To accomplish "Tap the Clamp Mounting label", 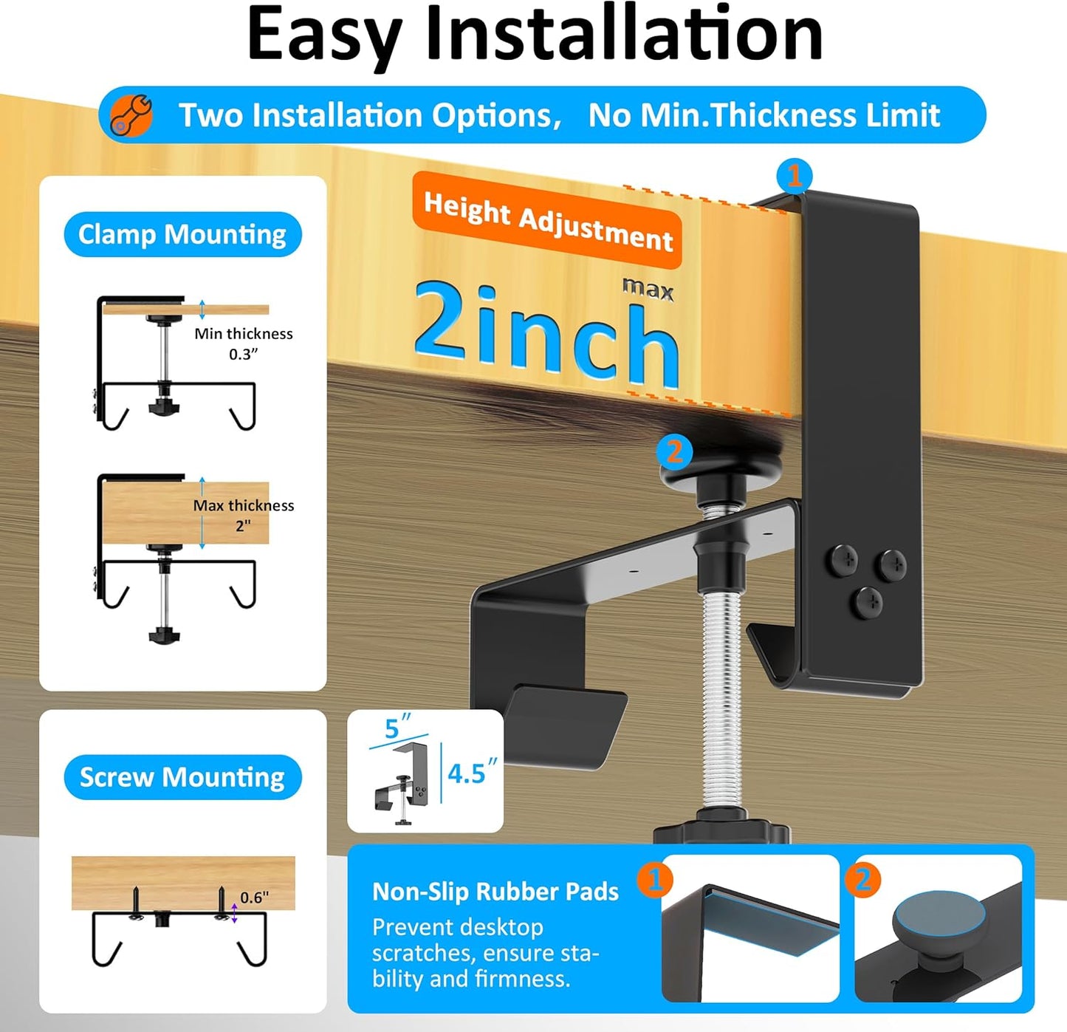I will (x=182, y=235).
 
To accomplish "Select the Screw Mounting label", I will (x=182, y=777).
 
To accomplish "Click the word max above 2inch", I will (x=648, y=289).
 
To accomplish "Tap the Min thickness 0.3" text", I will (x=243, y=344).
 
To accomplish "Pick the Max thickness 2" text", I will (x=243, y=515).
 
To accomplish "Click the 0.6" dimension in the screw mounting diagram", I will (x=254, y=898).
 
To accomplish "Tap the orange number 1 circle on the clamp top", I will (x=795, y=177).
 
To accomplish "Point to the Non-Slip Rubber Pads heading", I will (x=495, y=892).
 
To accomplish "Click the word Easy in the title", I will (x=324, y=35).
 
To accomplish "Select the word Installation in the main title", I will (x=624, y=35).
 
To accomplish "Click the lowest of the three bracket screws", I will (x=866, y=601).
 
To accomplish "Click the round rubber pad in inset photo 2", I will (x=939, y=921).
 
